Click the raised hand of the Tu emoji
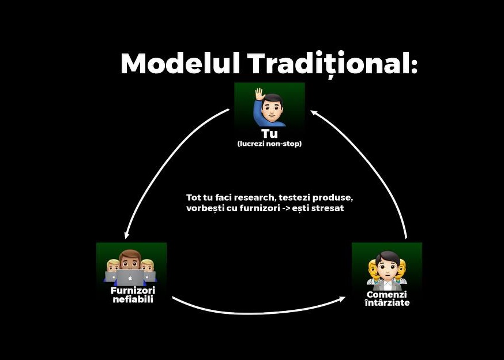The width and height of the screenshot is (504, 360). [x=259, y=95]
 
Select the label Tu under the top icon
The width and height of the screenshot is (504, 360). [x=269, y=133]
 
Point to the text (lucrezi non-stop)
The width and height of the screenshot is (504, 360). [x=269, y=144]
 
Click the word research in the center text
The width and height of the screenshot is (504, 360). [x=255, y=197]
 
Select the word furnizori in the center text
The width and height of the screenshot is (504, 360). [x=259, y=208]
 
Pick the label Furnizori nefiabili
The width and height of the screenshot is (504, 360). [x=133, y=295]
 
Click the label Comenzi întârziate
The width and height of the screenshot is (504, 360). [x=387, y=298]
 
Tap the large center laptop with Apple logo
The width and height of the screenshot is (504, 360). [x=130, y=277]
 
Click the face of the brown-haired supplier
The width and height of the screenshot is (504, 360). [x=130, y=260]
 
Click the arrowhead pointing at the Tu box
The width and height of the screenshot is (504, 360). [x=314, y=113]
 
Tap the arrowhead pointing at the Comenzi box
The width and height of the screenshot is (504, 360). [x=342, y=299]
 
